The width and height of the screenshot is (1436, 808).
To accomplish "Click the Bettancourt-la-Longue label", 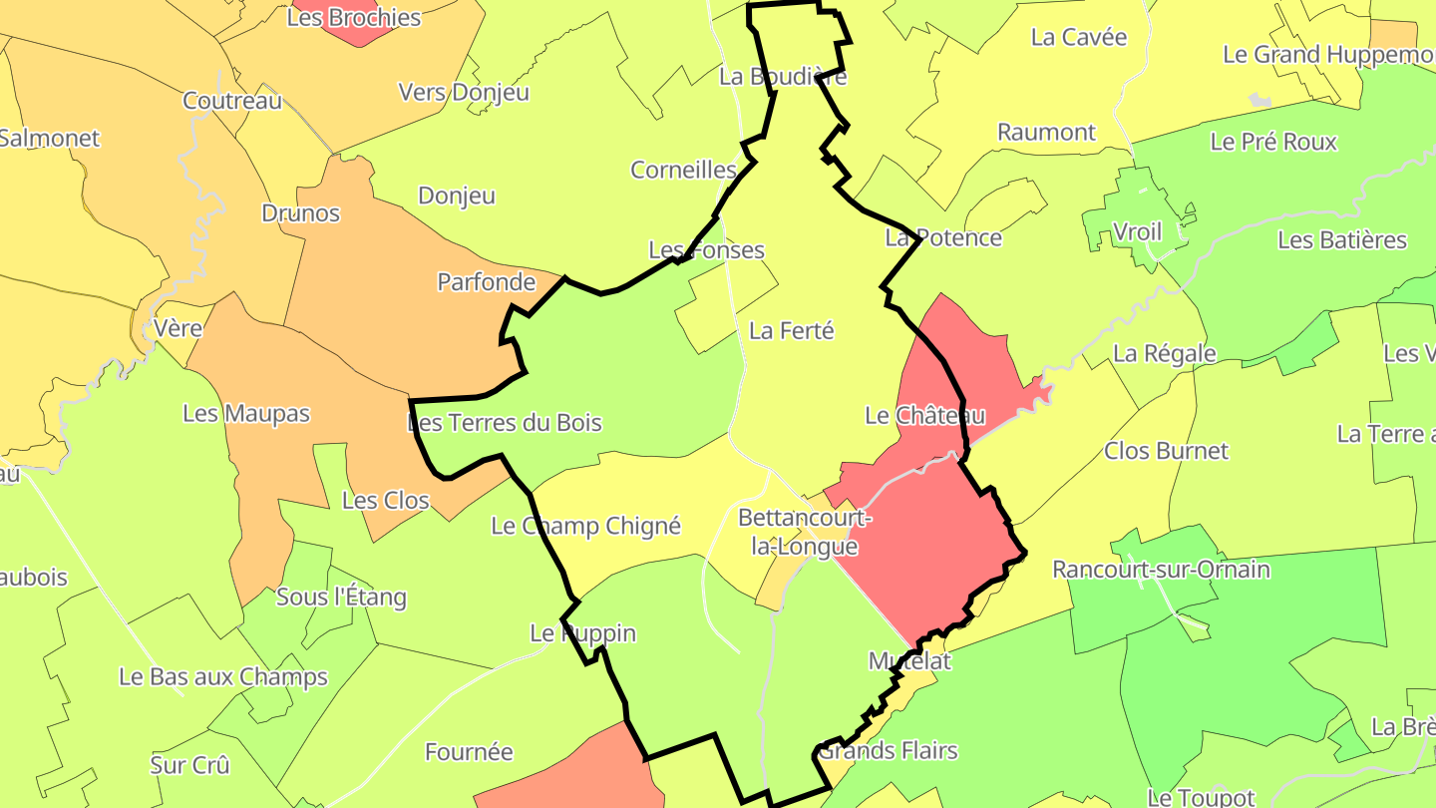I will point(804,533).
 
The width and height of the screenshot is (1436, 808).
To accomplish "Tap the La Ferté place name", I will point(791,330).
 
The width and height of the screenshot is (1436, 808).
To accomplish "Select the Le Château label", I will point(924,415).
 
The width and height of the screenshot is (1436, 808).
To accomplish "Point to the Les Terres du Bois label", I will point(506,423).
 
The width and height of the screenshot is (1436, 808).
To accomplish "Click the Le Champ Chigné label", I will point(585,526).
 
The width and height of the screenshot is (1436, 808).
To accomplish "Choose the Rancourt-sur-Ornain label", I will point(1161,570).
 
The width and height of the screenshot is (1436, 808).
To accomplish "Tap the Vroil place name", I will point(1137,231).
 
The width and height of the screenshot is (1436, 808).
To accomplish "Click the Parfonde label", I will point(487,282).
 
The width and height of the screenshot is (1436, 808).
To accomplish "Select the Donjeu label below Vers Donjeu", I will point(457,196).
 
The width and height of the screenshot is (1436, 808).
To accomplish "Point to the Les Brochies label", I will point(354,18).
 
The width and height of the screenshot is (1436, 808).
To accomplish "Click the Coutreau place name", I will point(232,101).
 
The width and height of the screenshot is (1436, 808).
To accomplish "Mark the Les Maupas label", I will point(246,413).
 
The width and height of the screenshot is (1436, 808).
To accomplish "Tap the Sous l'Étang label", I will point(341,598).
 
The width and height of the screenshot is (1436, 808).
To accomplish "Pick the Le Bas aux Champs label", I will point(223,676).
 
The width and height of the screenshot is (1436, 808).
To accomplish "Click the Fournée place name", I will point(469,752).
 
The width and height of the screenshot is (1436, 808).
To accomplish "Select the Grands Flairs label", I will point(888,750).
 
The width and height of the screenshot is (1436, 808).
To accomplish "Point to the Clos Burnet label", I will point(1166,451).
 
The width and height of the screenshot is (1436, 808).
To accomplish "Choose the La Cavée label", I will point(1079,37).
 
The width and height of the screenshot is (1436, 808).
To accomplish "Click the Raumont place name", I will point(1046,132).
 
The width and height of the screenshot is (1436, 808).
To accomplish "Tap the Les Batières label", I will point(1342,240).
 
